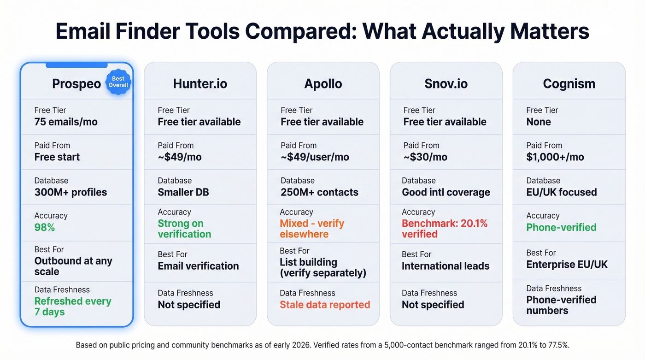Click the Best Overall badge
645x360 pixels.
coord(118,82)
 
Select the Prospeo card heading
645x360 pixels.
coord(76,84)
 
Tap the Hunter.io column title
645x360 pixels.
coord(200,84)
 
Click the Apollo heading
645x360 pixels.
coord(323,84)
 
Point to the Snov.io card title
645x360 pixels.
coord(446,84)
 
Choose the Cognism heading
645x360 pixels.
coord(569,84)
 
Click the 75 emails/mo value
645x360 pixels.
coord(66,122)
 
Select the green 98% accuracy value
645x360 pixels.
coord(45,228)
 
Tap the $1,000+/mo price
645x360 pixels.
coord(555,157)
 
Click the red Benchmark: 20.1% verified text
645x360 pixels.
coord(444,229)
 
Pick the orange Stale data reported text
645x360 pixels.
coord(325,305)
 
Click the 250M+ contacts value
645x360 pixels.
coord(319,192)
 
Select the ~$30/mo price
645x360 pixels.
coord(425,157)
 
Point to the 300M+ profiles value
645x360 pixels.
coord(70,192)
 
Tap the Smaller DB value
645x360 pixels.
coord(183,192)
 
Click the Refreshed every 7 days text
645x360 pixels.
coord(73,307)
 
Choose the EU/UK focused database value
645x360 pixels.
coord(562,192)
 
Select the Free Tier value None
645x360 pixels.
coord(539,122)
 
